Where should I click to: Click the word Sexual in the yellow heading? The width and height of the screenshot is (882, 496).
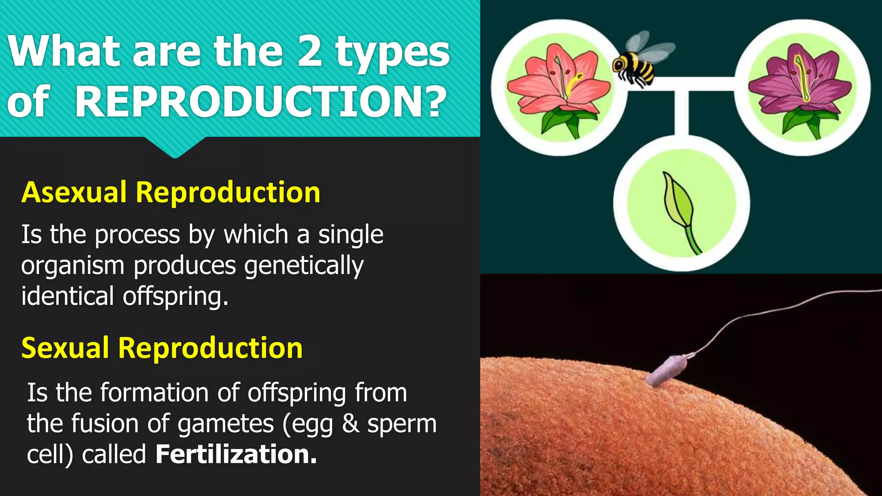click(x=65, y=348)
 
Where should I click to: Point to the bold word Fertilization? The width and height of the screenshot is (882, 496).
click(x=236, y=454)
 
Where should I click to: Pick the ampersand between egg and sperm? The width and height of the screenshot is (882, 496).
click(x=351, y=423)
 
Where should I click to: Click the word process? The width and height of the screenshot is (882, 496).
click(x=137, y=235)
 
